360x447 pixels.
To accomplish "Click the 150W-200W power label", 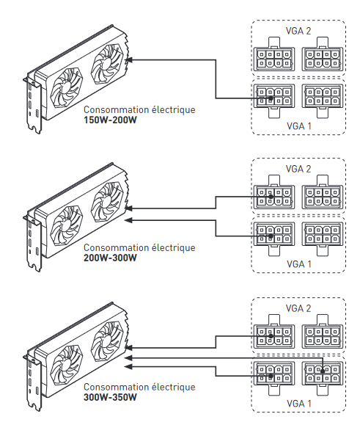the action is click(110, 120).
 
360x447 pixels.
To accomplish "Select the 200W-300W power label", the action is click(110, 258).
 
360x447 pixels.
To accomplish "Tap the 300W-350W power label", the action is click(110, 397).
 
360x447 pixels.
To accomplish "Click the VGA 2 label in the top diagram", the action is click(298, 31).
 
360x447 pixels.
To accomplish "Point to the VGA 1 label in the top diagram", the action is click(298, 126).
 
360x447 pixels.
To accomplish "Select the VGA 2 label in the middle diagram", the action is click(298, 169).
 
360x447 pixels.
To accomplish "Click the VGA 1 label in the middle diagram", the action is click(298, 264).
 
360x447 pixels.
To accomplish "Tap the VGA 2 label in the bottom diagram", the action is click(298, 308).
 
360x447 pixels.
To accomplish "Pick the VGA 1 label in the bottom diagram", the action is click(298, 404).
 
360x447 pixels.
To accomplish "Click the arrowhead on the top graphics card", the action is click(128, 60).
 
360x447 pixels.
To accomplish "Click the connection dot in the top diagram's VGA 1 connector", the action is click(271, 98).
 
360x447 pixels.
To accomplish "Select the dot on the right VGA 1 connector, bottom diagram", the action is click(323, 371).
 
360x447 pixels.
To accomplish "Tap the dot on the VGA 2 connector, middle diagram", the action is click(271, 197).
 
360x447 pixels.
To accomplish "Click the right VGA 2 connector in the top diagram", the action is click(323, 54).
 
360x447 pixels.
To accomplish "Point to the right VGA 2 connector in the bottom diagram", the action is click(323, 332).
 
